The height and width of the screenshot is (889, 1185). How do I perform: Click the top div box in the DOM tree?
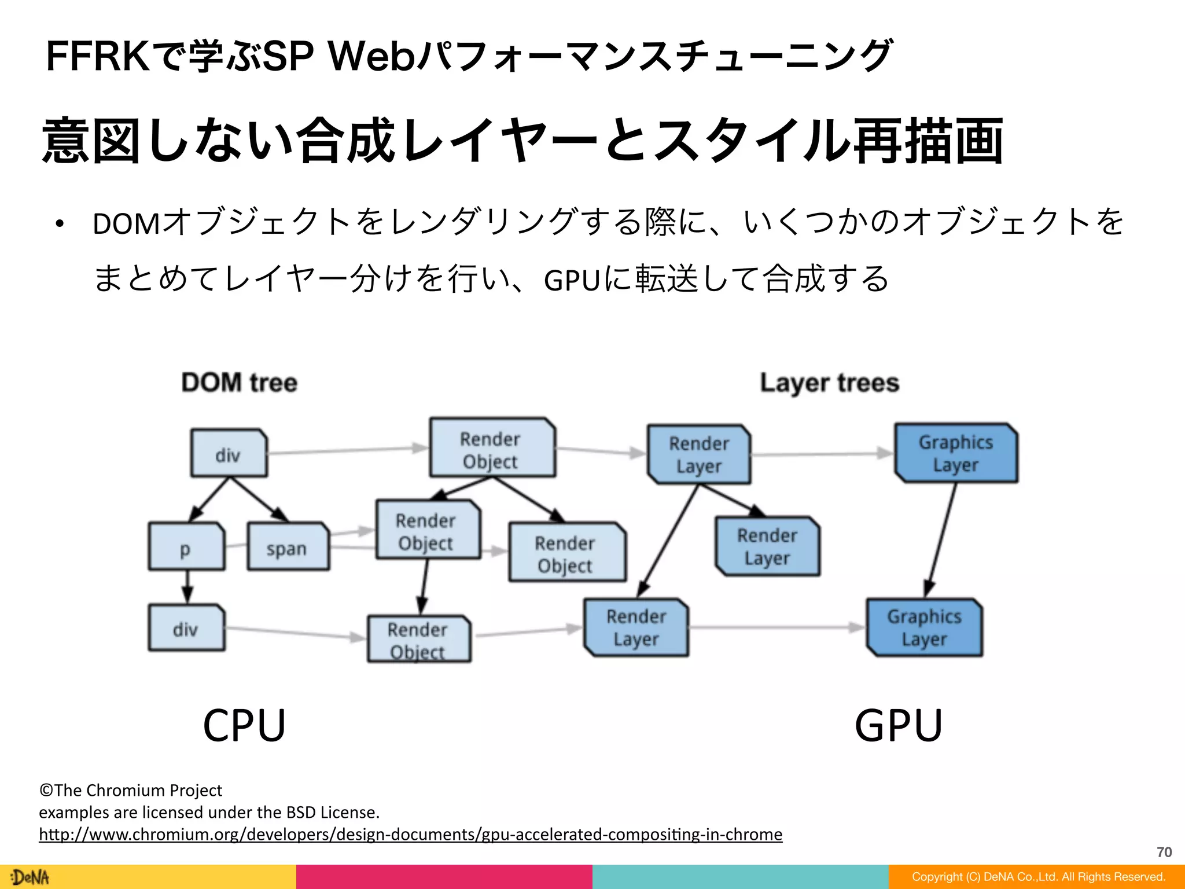pos(229,453)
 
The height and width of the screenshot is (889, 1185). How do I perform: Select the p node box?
pos(186,547)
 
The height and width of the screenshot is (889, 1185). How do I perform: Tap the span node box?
pos(288,547)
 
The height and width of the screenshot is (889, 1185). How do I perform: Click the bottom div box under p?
pos(186,628)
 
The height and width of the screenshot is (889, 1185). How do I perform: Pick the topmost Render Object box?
pos(492,449)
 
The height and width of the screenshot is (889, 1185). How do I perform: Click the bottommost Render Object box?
pos(419,639)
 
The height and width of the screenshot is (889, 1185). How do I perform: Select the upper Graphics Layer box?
pos(956,453)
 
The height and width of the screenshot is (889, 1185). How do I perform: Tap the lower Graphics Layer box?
pos(924,627)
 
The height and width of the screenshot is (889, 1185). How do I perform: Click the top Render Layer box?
pos(699,454)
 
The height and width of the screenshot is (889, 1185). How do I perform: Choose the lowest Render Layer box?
pos(636,627)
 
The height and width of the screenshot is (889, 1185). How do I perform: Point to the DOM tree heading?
pos(239,383)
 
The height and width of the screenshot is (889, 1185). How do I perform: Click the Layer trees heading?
pos(829,383)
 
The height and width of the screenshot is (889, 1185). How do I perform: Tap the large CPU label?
pos(244,725)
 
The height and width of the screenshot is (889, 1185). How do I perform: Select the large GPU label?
pos(899,725)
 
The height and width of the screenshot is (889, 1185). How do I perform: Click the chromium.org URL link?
pos(410,834)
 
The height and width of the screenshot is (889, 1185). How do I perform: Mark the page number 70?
pos(1164,852)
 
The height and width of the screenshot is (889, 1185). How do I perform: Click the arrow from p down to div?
pos(186,587)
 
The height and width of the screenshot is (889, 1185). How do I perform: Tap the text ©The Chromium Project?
pos(131,790)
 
